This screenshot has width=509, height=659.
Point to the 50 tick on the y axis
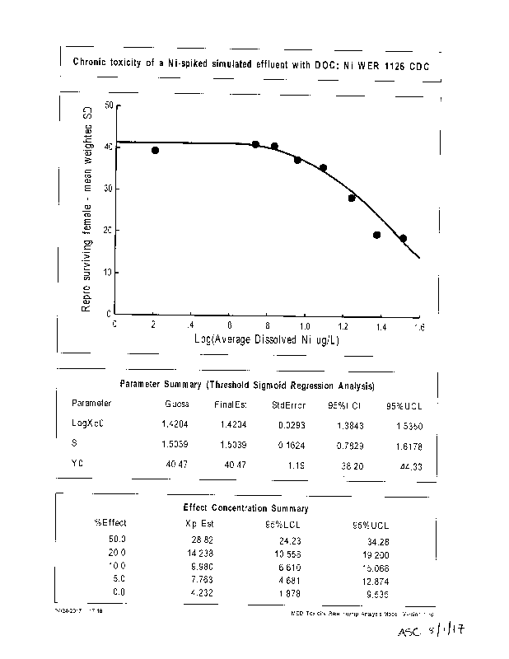pyautogui.click(x=110, y=106)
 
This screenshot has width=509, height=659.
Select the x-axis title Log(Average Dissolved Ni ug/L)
pyautogui.click(x=268, y=339)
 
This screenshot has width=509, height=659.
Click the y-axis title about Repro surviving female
pyautogui.click(x=86, y=209)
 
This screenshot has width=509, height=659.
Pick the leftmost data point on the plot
pyautogui.click(x=155, y=151)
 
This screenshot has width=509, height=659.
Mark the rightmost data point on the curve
pyautogui.click(x=403, y=238)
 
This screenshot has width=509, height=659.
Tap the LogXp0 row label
pyautogui.click(x=87, y=423)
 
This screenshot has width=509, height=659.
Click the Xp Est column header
pyautogui.click(x=198, y=522)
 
